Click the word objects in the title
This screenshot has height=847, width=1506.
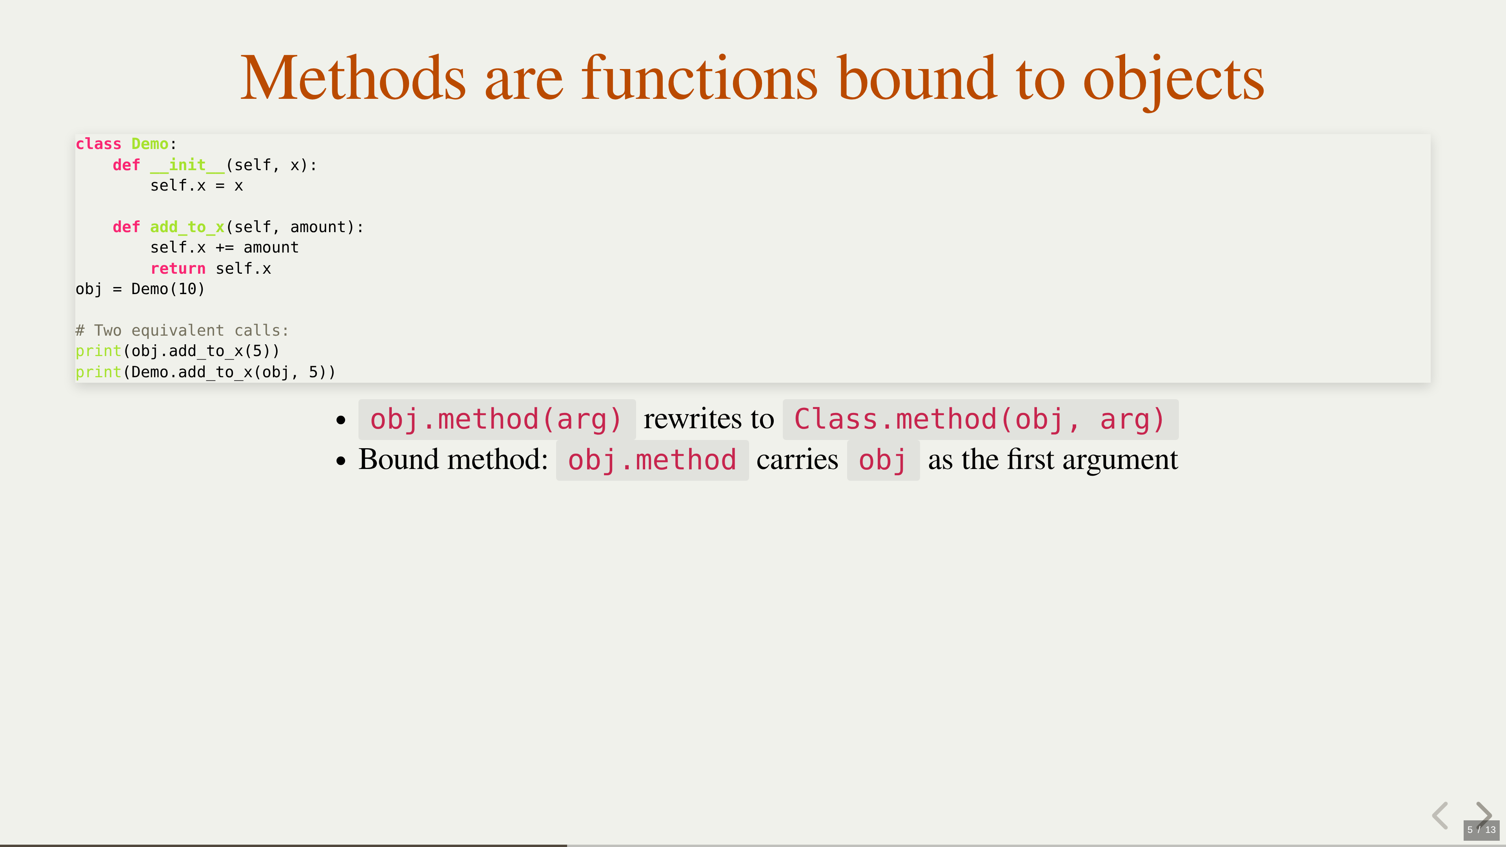[x=1173, y=82]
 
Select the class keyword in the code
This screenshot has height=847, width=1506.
[x=98, y=144]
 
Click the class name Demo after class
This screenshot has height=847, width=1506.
[x=150, y=144]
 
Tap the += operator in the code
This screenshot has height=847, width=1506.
[x=224, y=248]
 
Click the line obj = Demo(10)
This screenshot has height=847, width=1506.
[x=140, y=289]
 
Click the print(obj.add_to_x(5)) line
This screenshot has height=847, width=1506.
[x=178, y=351]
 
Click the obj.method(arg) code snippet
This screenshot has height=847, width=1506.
[x=497, y=420]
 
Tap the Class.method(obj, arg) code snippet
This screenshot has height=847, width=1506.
[x=980, y=420]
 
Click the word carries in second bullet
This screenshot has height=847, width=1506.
[x=797, y=460]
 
